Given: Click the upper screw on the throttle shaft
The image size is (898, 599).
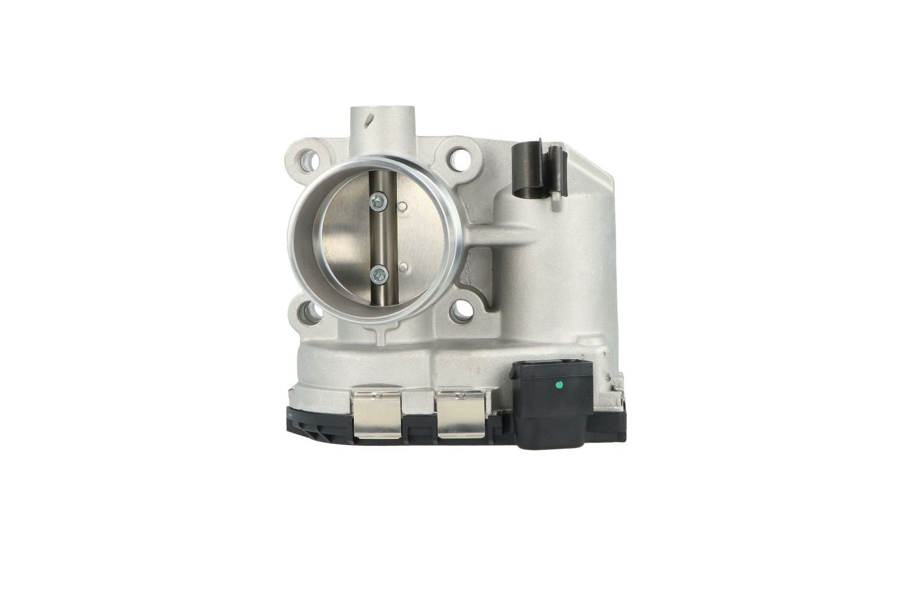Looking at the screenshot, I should [x=378, y=202].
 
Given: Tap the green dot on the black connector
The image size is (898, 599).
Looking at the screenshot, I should [x=559, y=384].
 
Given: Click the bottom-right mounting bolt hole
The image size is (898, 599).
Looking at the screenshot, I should [x=460, y=310].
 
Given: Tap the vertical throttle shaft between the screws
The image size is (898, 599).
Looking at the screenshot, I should [x=378, y=238].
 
